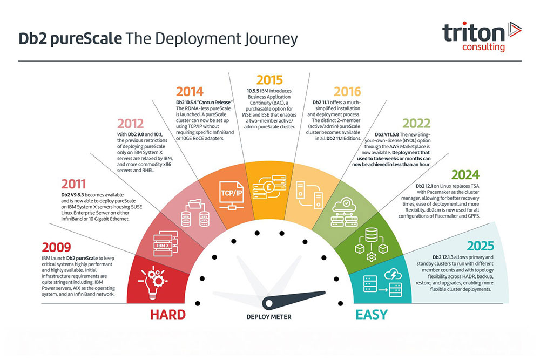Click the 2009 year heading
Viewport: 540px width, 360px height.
click(57, 247)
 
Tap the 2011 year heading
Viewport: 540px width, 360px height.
click(73, 184)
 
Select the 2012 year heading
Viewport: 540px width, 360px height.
click(131, 124)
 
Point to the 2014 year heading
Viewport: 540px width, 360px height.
click(190, 92)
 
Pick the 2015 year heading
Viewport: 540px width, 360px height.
click(269, 80)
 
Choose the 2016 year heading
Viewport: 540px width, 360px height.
click(347, 92)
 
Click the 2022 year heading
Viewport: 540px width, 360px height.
click(416, 123)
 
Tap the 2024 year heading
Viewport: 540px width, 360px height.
click(465, 175)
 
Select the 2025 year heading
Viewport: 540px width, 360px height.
click(481, 246)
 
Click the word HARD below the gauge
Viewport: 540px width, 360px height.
click(168, 315)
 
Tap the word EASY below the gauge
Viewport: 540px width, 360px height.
click(372, 315)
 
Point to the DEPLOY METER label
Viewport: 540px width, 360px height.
click(269, 317)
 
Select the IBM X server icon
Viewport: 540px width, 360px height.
click(165, 243)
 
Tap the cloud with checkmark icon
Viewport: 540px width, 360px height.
click(345, 212)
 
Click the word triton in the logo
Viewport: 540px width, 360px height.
click(474, 33)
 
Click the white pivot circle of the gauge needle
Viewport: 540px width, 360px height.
click(268, 303)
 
